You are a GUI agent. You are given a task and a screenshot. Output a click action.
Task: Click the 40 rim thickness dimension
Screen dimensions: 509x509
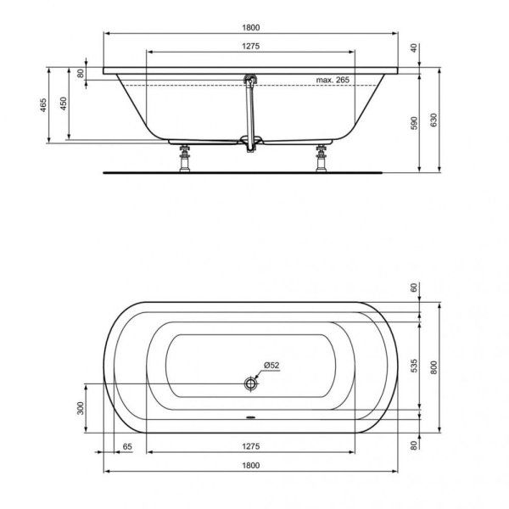tap(415, 49)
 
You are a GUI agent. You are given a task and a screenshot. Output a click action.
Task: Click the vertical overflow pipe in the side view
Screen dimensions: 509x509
tap(249, 115)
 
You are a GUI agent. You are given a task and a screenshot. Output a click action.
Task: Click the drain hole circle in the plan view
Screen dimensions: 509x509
tap(250, 384)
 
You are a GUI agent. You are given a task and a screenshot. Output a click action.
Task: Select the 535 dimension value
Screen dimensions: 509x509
tap(415, 366)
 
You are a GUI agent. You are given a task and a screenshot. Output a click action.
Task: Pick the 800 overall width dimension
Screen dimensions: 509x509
tap(435, 367)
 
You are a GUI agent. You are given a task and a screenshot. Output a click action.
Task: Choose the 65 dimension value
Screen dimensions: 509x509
tap(127, 445)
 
